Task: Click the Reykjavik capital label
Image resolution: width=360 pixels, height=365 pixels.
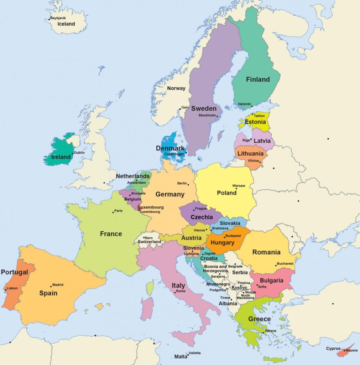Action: (x=58, y=18)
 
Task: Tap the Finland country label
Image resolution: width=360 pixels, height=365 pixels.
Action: (x=258, y=79)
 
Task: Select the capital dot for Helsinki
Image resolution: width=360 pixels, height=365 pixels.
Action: (x=252, y=106)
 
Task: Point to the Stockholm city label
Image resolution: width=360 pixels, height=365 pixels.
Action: (x=207, y=115)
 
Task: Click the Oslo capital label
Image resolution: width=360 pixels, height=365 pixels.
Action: (x=185, y=107)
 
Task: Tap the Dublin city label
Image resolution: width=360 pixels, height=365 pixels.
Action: (x=79, y=153)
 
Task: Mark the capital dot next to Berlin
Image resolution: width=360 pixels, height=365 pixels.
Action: (x=188, y=185)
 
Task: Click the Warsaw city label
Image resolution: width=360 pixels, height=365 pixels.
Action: (x=239, y=186)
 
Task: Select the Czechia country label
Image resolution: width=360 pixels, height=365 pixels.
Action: (x=202, y=217)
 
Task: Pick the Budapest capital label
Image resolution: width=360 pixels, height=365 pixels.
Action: (x=233, y=236)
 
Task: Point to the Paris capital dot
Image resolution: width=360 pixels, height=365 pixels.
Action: (x=113, y=212)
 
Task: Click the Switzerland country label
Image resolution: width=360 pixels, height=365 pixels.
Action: (x=149, y=242)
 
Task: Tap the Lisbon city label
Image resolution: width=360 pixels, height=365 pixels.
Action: (x=12, y=288)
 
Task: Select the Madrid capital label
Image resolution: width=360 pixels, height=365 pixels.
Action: (x=58, y=285)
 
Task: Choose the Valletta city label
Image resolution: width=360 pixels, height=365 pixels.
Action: (x=194, y=353)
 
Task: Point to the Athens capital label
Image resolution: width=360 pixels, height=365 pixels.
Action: (x=271, y=331)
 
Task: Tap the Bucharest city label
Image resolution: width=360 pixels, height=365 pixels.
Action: (x=286, y=264)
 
